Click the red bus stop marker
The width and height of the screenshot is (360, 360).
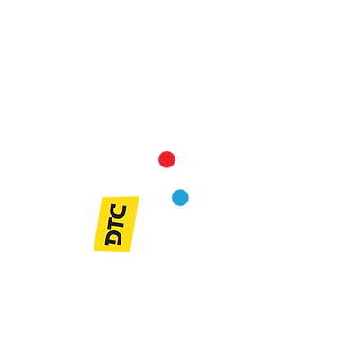[x=166, y=160]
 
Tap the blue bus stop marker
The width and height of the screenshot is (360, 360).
[x=180, y=197]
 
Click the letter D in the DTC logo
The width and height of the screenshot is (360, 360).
[x=115, y=238]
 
